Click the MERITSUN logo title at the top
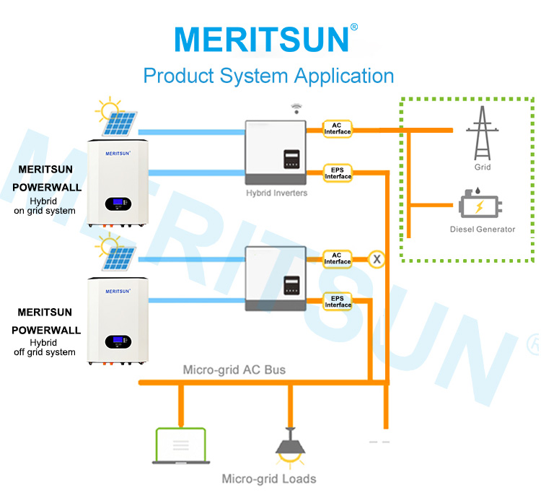266,39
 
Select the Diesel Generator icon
480,203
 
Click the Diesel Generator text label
483,230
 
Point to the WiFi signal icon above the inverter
296,108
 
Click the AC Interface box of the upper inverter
338,128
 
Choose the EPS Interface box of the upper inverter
338,173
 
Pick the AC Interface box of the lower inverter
338,259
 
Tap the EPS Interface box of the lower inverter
338,302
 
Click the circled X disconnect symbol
377,259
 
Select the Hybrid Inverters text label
277,193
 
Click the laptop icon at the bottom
181,446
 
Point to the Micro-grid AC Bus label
234,370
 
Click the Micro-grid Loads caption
269,479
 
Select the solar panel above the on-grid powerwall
119,123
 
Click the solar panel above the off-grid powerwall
119,259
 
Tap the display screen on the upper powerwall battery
118,204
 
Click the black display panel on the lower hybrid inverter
291,285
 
